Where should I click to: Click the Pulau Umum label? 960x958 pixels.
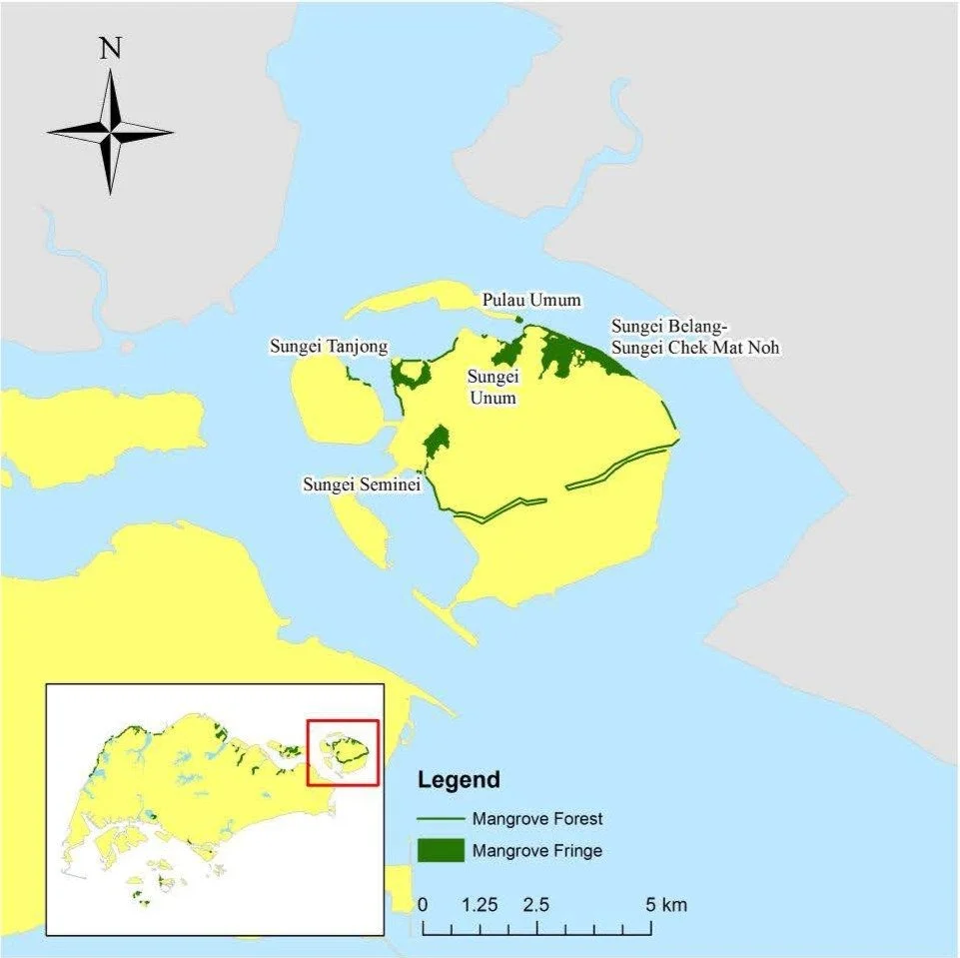point(530,300)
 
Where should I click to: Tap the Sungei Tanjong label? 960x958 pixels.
point(329,347)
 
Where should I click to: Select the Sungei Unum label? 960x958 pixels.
point(492,387)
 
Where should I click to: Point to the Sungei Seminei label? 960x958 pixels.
point(362,484)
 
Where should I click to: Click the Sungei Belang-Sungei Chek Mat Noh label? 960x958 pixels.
point(695,337)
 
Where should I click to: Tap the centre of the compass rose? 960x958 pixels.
point(110,131)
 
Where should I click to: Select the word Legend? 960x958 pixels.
point(459,779)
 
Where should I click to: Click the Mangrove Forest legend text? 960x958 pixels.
point(537,819)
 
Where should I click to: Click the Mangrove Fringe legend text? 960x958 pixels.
point(537,851)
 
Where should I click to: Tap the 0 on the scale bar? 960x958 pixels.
point(424,905)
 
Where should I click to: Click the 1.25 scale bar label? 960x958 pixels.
point(480,905)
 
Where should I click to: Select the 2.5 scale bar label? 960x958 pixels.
point(536,905)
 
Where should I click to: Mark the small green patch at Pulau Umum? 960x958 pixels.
point(519,320)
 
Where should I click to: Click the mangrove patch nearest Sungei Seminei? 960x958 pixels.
point(436,441)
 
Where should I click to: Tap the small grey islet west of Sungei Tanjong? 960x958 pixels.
point(127,347)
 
